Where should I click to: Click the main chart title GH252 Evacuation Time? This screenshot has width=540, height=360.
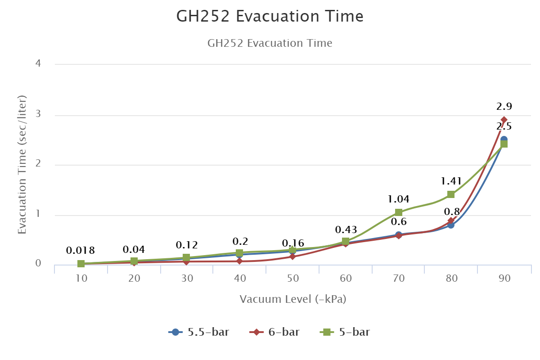point(270,17)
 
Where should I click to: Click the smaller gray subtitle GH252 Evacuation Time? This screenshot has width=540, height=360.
point(270,43)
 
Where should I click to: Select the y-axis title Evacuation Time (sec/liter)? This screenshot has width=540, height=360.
point(22,164)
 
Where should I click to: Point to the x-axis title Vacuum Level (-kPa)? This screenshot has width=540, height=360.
point(293,299)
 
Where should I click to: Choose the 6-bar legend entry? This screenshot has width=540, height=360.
point(275,333)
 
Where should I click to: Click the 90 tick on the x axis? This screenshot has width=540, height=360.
point(504,279)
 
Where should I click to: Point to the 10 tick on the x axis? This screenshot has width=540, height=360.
point(81,279)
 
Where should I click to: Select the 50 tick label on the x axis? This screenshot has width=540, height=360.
point(293,279)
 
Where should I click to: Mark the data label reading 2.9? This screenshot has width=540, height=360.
point(504,107)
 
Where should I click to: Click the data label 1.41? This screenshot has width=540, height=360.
point(451,181)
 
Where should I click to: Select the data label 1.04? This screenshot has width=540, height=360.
point(398,198)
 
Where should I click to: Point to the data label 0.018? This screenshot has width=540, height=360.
point(81,251)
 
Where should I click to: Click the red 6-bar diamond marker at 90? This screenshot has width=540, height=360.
point(504,120)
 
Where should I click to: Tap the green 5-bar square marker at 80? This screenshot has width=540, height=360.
point(451,194)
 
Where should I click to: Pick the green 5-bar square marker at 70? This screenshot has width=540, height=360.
point(398,212)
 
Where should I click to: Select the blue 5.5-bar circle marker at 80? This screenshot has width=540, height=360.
point(451,225)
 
